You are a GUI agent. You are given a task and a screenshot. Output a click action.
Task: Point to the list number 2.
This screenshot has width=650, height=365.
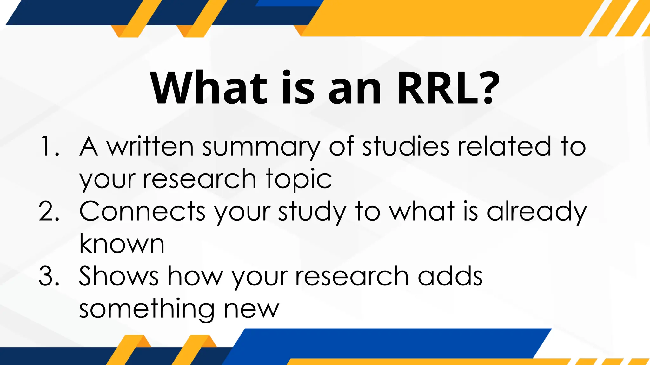(49, 211)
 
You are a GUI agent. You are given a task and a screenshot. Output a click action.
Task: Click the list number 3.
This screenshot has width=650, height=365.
(49, 276)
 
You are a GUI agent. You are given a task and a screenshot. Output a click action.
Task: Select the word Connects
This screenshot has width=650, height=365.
(143, 211)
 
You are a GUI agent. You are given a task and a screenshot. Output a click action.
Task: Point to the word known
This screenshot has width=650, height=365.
(122, 244)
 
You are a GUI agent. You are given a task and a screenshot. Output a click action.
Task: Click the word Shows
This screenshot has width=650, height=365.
(119, 276)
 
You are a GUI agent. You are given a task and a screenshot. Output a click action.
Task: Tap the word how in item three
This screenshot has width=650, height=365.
(196, 276)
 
